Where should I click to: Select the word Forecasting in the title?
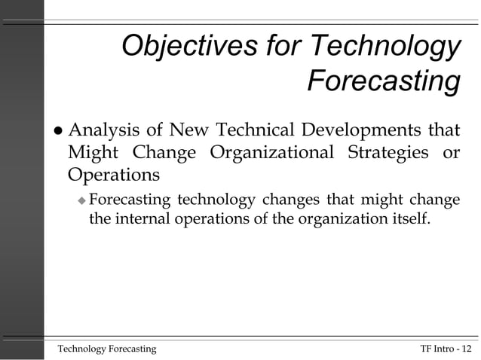383,81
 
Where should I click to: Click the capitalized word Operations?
113,175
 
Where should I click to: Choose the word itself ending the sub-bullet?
414,220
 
